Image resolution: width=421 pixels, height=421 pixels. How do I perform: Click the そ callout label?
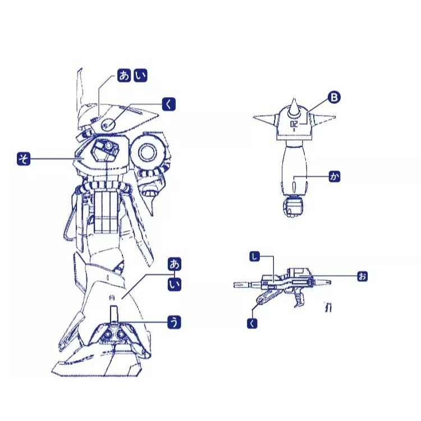24,159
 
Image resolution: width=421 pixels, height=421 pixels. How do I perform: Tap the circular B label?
334,97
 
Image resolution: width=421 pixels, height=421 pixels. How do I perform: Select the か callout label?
335,176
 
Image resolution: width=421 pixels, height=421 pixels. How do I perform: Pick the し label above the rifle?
254,257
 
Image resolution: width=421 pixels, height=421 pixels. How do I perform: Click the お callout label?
363,276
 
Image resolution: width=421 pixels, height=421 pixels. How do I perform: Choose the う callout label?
174,322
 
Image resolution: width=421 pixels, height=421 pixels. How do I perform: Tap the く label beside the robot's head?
169,104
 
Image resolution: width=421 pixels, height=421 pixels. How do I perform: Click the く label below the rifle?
252,323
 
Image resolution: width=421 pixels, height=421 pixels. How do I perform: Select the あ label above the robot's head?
124,75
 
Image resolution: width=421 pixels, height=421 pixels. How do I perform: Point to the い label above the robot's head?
140,75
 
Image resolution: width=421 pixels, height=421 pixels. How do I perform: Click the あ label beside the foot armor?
174,264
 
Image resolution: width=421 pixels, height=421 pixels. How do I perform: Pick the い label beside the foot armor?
174,285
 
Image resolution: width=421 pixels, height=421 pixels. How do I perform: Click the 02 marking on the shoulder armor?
294,124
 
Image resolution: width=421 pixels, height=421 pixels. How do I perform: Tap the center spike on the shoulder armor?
294,108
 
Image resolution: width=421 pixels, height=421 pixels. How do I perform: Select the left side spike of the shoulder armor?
264,118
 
